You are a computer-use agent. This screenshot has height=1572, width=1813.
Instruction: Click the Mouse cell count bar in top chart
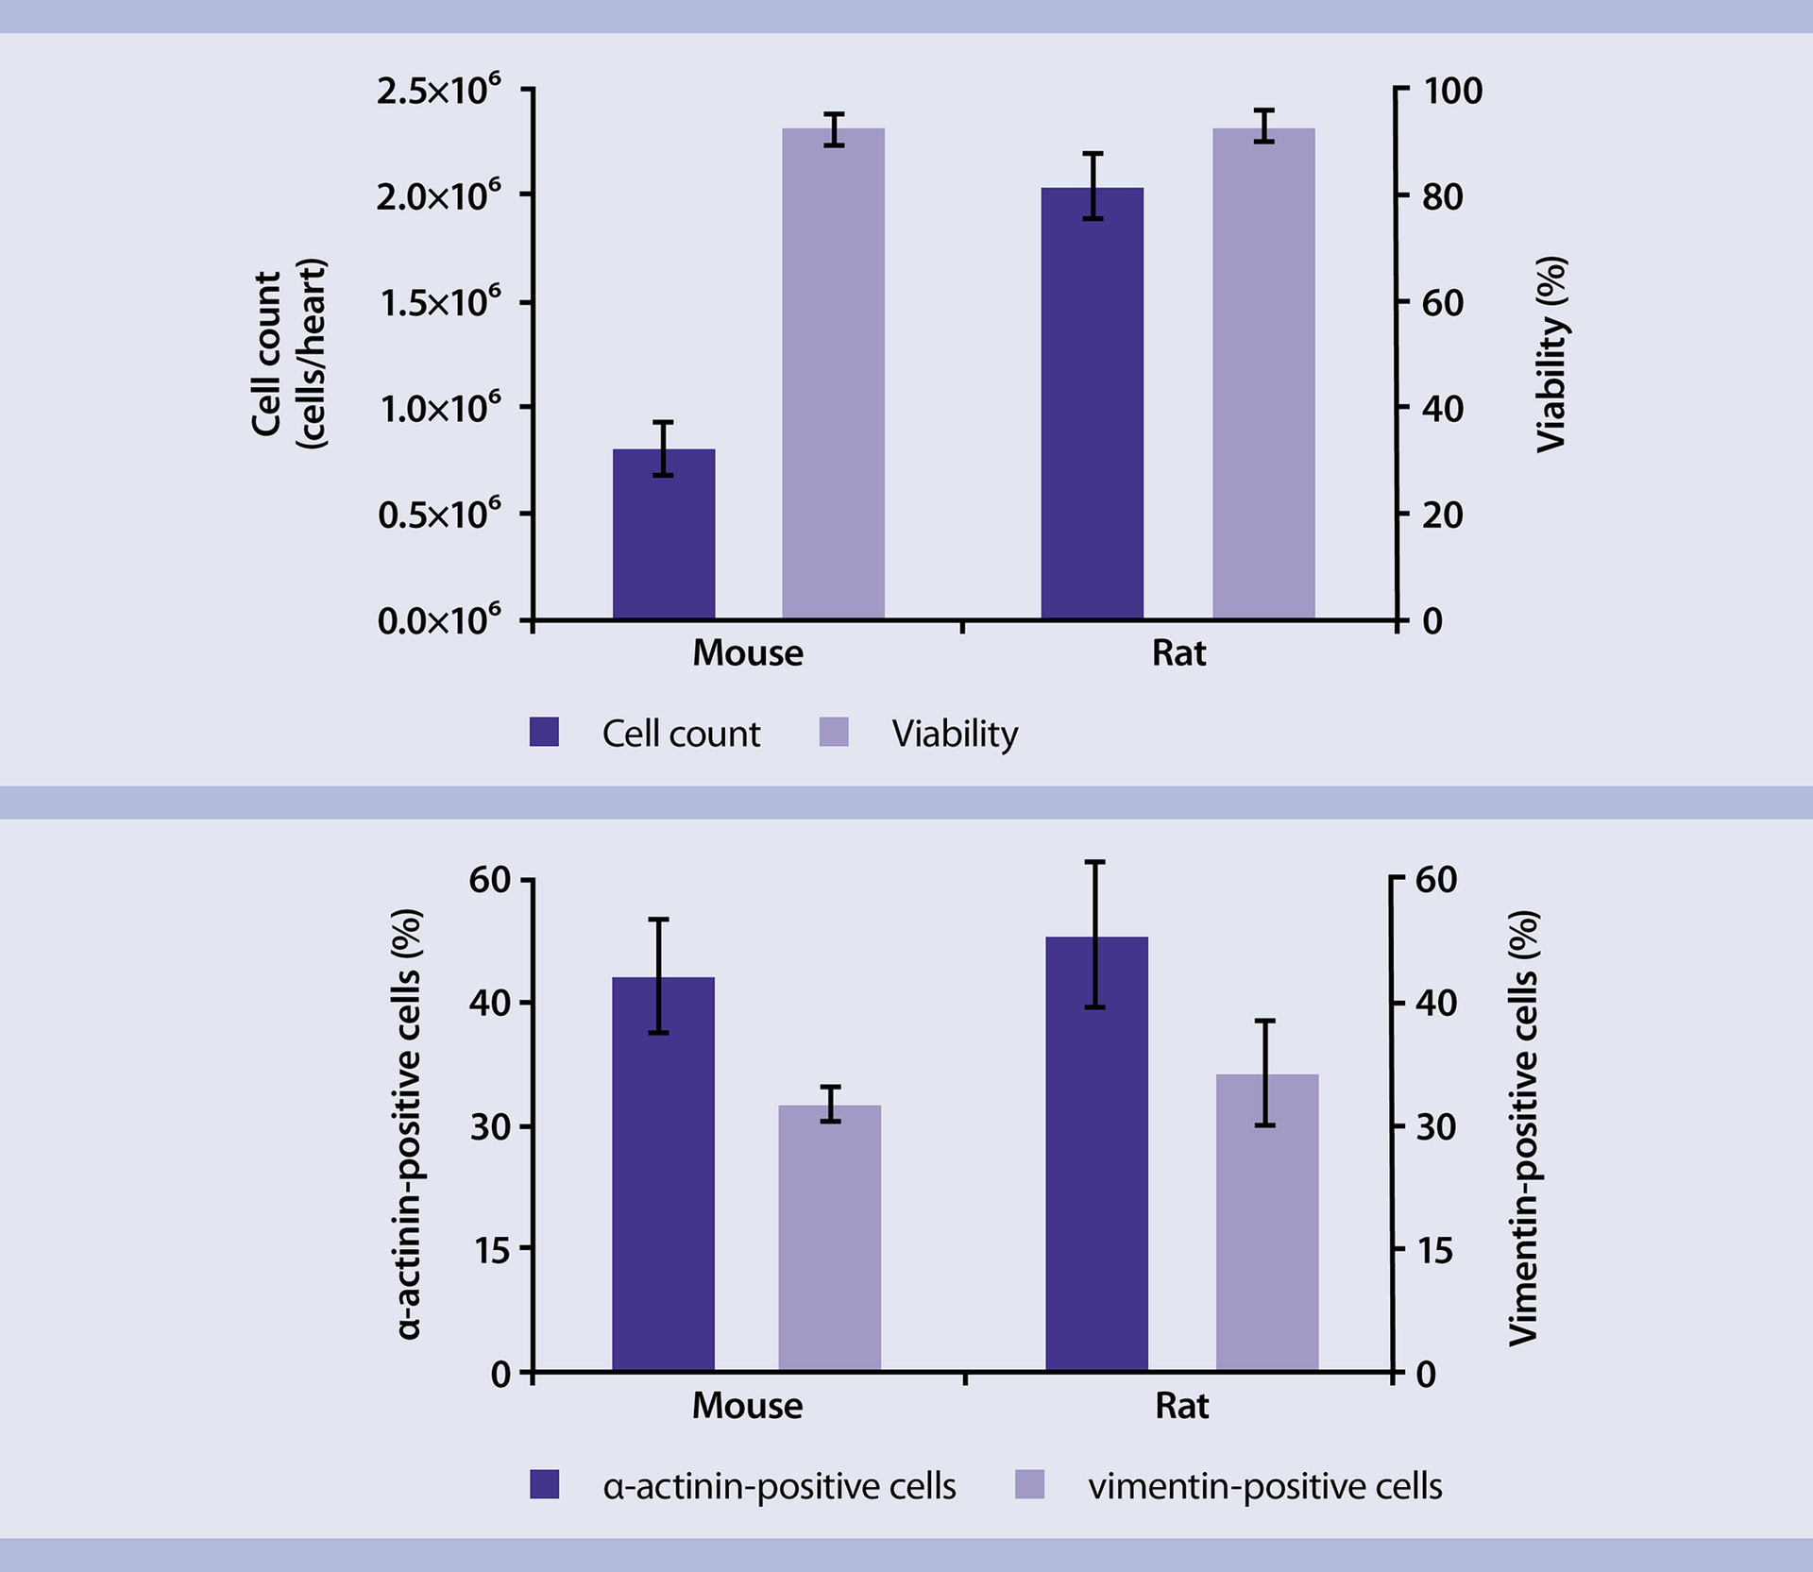pos(664,534)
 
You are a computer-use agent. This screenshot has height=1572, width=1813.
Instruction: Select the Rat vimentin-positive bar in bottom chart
pos(1266,1223)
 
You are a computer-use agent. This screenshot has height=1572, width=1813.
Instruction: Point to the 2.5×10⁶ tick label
pos(438,91)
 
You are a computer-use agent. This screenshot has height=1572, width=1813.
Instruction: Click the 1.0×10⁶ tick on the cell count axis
pos(440,409)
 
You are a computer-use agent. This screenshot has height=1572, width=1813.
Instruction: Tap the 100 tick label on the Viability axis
pos(1452,91)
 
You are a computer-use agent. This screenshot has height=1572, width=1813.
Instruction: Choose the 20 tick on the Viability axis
pos(1442,515)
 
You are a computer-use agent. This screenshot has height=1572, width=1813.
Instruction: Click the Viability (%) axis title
pos(1551,354)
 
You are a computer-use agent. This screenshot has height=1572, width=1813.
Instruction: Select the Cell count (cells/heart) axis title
pos(287,354)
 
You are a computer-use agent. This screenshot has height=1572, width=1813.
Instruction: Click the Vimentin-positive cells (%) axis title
pos(1523,1128)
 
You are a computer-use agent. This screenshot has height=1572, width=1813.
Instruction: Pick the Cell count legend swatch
pos(544,732)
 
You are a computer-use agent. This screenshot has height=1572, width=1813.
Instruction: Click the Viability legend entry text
pos(955,734)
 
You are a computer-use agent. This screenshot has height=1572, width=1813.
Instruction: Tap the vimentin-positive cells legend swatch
pos(1029,1484)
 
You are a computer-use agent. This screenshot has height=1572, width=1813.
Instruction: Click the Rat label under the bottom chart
pos(1181,1406)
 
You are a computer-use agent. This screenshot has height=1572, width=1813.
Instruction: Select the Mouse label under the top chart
pos(747,652)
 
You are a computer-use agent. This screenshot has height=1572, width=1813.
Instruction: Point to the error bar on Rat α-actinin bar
pos(1095,935)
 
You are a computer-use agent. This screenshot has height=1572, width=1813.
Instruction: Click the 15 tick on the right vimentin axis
pos(1434,1250)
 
